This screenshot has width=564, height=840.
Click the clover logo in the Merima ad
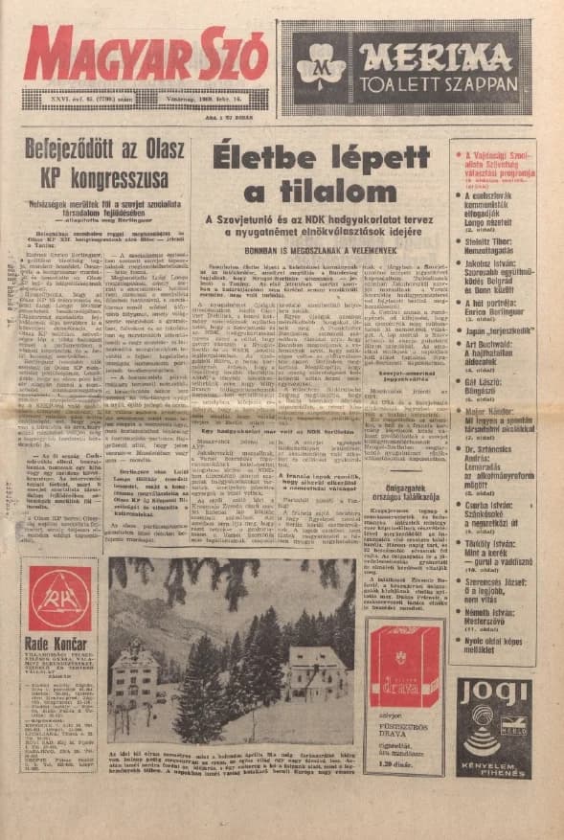point(321,69)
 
